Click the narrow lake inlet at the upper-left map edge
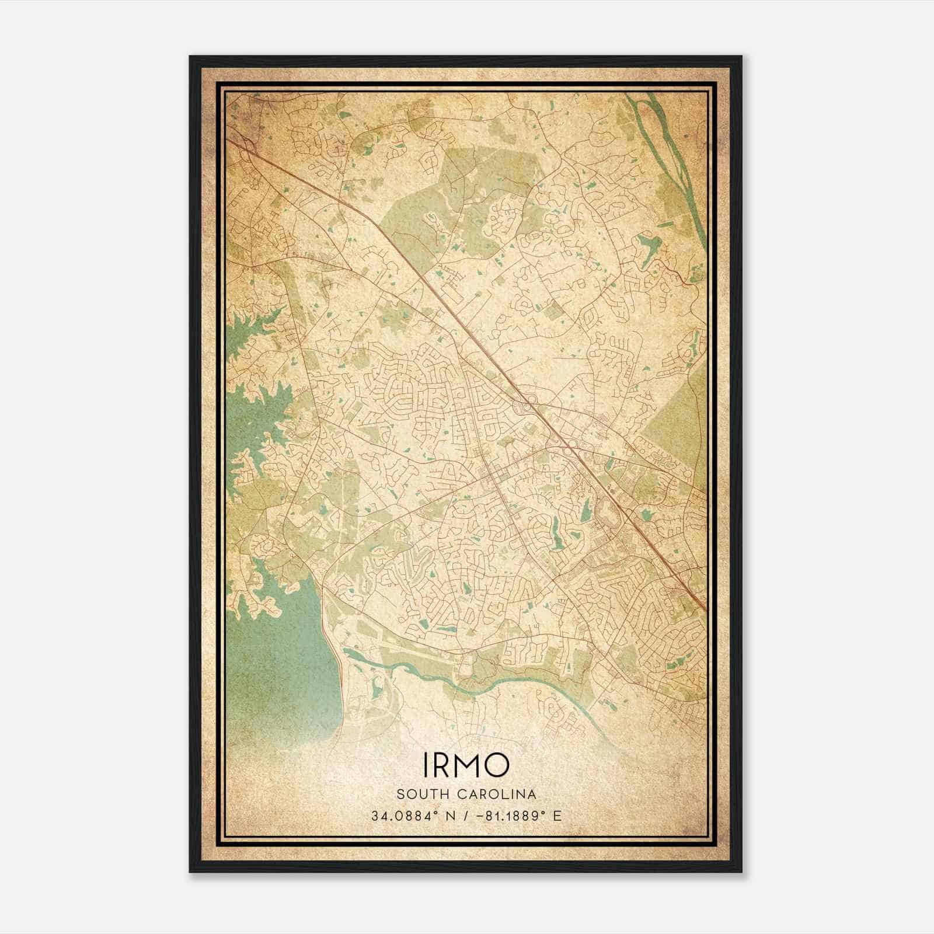click(x=251, y=327)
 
